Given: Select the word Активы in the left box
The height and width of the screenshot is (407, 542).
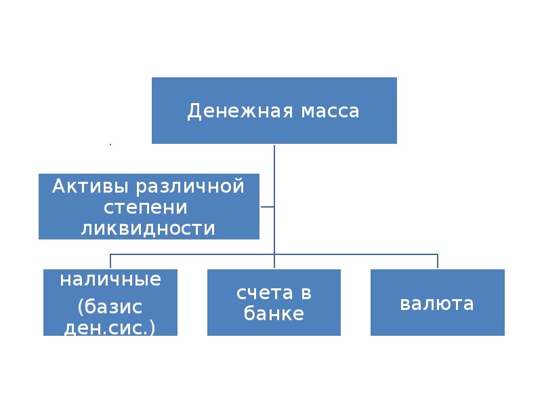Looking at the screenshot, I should pos(93,185).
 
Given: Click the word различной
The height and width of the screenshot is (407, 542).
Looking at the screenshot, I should pos(190,185).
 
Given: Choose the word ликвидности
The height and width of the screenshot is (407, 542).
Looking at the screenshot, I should pos(148,228).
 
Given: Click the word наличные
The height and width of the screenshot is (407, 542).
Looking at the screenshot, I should pos(110,279).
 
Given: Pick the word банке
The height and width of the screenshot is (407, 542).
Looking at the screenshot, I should pos(274,314).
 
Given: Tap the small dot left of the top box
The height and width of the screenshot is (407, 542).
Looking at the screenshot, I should pos(110,144).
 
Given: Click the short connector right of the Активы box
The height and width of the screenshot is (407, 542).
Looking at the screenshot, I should pos(267,206).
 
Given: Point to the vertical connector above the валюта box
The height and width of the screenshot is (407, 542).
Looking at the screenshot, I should pos(438,262).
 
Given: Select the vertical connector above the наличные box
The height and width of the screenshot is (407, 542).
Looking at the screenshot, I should pos(110,262).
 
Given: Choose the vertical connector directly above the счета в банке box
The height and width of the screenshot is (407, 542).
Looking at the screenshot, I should pos(274,262).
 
